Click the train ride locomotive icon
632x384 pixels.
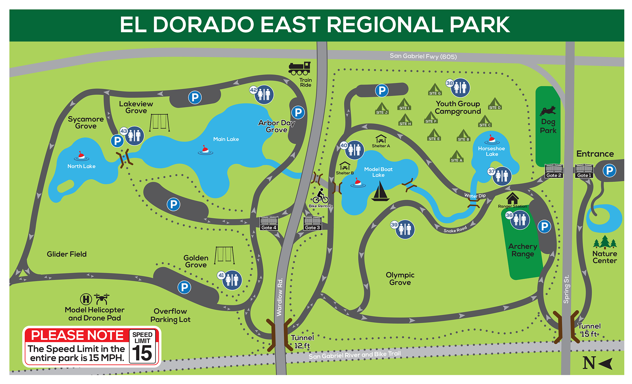(x=299, y=69)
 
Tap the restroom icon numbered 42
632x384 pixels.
(x=264, y=95)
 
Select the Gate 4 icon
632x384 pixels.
(x=269, y=223)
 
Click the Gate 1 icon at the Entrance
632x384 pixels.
(x=584, y=170)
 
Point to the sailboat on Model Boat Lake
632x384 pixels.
(x=380, y=192)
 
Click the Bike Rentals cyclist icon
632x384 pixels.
(x=321, y=196)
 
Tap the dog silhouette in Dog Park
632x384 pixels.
(x=548, y=111)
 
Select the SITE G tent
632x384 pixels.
(x=435, y=89)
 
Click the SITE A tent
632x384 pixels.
(x=457, y=156)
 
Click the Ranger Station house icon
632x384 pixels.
(x=512, y=198)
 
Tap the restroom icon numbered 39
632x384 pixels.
(x=405, y=229)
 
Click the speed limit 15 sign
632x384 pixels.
(x=142, y=347)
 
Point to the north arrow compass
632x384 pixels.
(x=597, y=363)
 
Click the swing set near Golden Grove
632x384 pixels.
(x=225, y=255)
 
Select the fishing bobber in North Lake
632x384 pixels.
(x=81, y=156)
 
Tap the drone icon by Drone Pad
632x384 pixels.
(x=102, y=299)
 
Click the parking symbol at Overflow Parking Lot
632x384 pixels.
(x=184, y=287)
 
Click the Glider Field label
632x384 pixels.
(x=67, y=254)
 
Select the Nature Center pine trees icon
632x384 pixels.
(x=605, y=242)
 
